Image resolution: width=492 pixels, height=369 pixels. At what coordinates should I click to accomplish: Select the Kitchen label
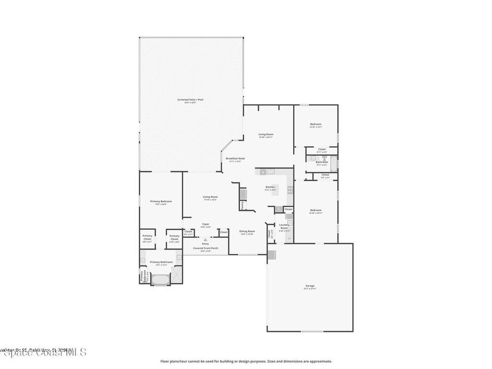coord(270,188)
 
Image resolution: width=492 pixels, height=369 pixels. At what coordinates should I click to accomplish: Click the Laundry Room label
coord(284,226)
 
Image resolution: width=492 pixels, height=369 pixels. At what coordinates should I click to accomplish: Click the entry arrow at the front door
coord(206,239)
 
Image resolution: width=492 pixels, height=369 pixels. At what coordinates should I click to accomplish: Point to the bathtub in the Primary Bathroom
coord(160,279)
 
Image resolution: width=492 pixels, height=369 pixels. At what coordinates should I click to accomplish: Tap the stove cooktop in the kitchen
coord(290,189)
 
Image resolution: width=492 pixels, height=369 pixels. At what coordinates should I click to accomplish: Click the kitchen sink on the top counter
coord(270,171)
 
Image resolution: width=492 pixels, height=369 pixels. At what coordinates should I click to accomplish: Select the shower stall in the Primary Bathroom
coord(176,275)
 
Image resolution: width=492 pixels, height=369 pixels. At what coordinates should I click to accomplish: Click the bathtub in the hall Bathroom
coord(334,164)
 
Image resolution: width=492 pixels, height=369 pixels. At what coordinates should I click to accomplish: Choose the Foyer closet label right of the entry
coord(223,232)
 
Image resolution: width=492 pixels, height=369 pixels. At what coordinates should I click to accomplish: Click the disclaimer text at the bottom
coord(246,361)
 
